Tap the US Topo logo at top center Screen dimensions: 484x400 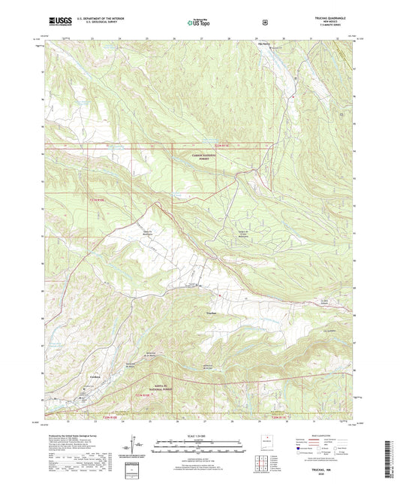(x=199, y=23)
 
